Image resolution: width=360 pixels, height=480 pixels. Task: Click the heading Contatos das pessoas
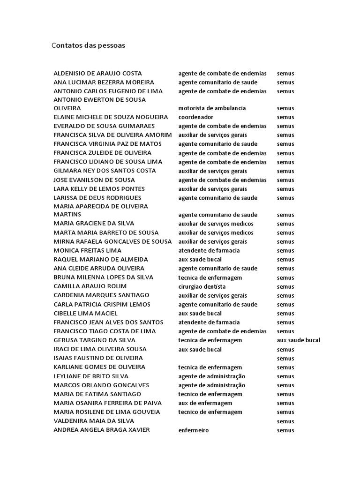[88, 46]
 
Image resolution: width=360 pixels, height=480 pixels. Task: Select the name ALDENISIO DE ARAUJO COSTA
[97, 74]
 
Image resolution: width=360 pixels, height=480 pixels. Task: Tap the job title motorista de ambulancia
[212, 108]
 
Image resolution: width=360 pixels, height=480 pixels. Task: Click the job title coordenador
[196, 117]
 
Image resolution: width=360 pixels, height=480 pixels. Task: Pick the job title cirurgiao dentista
[202, 286]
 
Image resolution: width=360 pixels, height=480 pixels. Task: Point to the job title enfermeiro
[194, 430]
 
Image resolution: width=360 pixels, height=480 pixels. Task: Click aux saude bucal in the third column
[299, 340]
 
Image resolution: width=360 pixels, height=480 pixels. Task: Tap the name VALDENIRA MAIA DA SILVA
[94, 421]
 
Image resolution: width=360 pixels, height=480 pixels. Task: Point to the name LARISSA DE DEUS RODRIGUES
[100, 198]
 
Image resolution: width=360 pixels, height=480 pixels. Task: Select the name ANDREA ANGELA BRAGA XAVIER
[102, 430]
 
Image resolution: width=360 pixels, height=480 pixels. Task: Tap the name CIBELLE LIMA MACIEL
[86, 314]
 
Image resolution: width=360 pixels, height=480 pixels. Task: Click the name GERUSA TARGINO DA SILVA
[94, 340]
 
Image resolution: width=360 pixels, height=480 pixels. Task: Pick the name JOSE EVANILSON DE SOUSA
[94, 180]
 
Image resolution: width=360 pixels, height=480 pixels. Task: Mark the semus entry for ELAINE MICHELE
[285, 117]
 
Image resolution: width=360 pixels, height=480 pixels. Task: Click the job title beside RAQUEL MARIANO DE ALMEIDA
[200, 260]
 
